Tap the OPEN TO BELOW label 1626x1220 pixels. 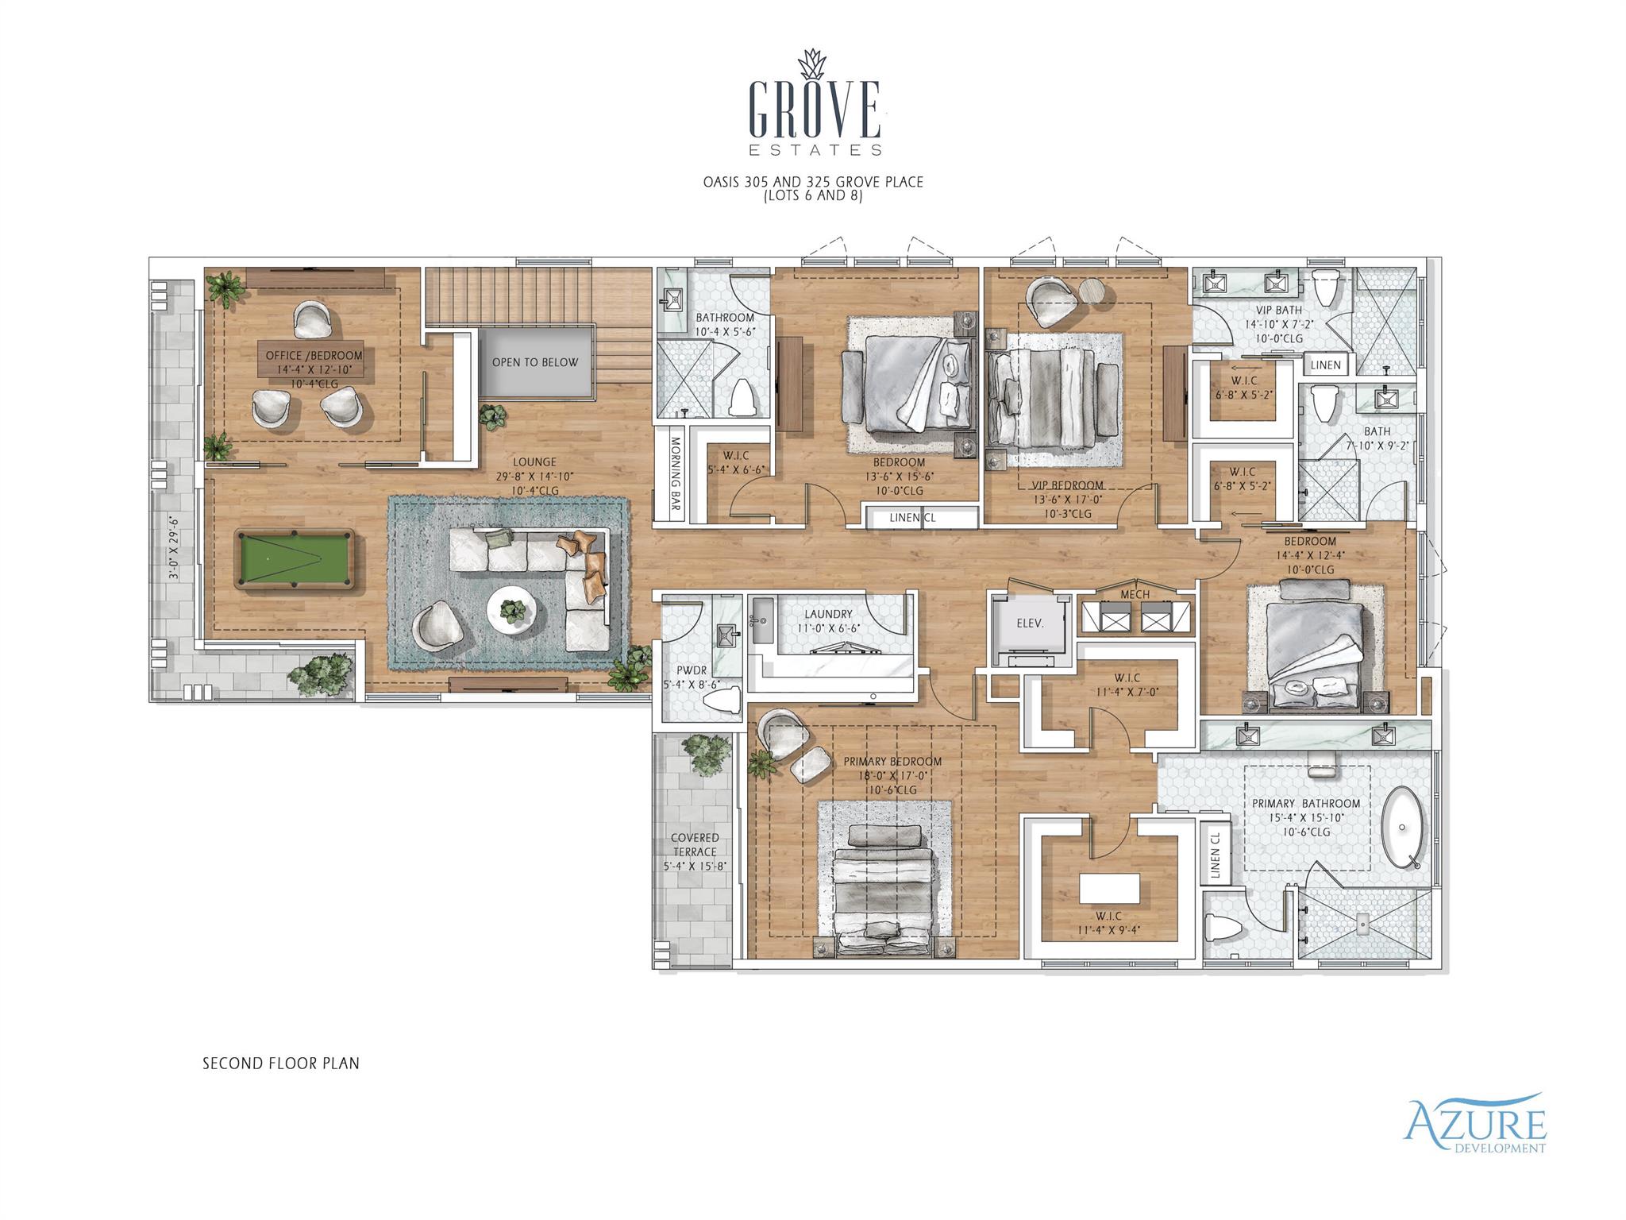[x=535, y=362]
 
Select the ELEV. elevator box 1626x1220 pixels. [x=1030, y=624]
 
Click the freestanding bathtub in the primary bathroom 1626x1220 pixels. [x=1403, y=829]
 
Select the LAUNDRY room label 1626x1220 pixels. [x=828, y=614]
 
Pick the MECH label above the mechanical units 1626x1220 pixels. [x=1135, y=594]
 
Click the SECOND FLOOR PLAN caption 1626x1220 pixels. [x=280, y=1063]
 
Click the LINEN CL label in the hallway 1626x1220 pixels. [x=913, y=517]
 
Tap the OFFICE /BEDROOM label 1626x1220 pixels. [x=310, y=356]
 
